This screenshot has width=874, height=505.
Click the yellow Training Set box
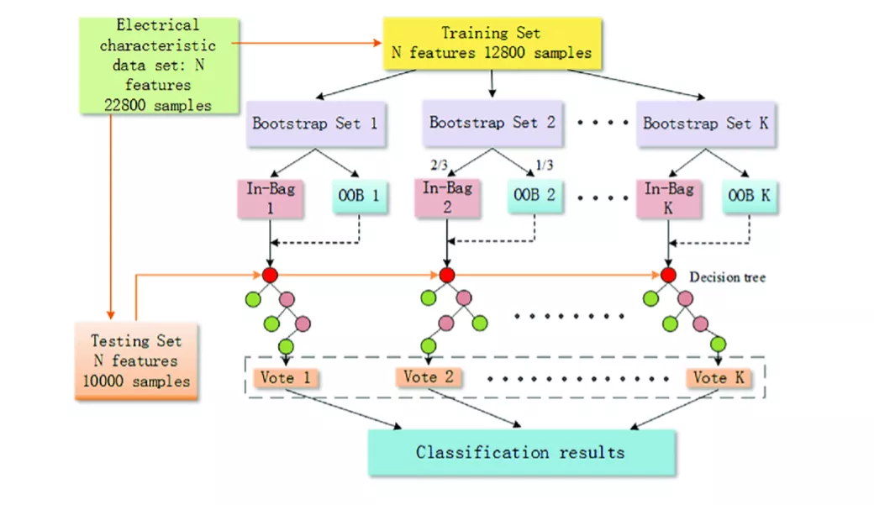click(x=492, y=44)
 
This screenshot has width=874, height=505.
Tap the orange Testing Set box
click(x=136, y=360)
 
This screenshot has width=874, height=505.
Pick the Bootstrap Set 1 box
click(x=315, y=124)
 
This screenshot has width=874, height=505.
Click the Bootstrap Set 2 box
click(x=492, y=123)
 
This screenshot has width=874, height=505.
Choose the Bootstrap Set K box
click(x=705, y=124)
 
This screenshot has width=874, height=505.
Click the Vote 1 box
click(x=286, y=378)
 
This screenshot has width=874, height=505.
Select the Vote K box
click(x=719, y=378)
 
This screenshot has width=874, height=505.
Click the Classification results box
click(x=521, y=452)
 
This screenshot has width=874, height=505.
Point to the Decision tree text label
click(x=728, y=277)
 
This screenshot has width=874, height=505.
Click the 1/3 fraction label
click(x=545, y=165)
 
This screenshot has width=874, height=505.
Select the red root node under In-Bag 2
click(x=447, y=275)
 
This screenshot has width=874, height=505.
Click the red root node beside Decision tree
click(x=668, y=275)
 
